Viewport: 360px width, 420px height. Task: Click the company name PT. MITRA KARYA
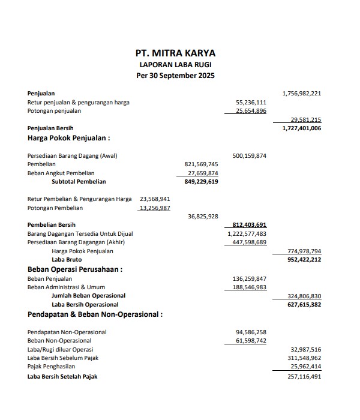[x=175, y=53]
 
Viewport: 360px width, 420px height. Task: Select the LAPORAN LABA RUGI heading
[x=175, y=64]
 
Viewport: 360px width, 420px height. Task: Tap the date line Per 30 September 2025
[x=175, y=76]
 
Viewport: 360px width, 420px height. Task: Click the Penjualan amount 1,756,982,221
[x=301, y=94]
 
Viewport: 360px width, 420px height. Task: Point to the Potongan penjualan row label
[x=54, y=111]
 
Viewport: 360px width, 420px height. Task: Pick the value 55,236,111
[x=251, y=103]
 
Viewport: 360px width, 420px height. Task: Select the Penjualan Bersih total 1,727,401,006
[x=301, y=128]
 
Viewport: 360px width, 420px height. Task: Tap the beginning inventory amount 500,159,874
[x=249, y=156]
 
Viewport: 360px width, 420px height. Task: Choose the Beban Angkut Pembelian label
[x=62, y=173]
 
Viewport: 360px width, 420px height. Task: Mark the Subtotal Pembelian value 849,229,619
[x=198, y=181]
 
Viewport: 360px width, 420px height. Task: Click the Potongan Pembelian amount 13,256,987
[x=155, y=208]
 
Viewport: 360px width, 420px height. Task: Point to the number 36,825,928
[x=203, y=217]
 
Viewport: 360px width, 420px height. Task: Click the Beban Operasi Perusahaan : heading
[x=75, y=269]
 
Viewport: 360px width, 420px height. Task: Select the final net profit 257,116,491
[x=305, y=377]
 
